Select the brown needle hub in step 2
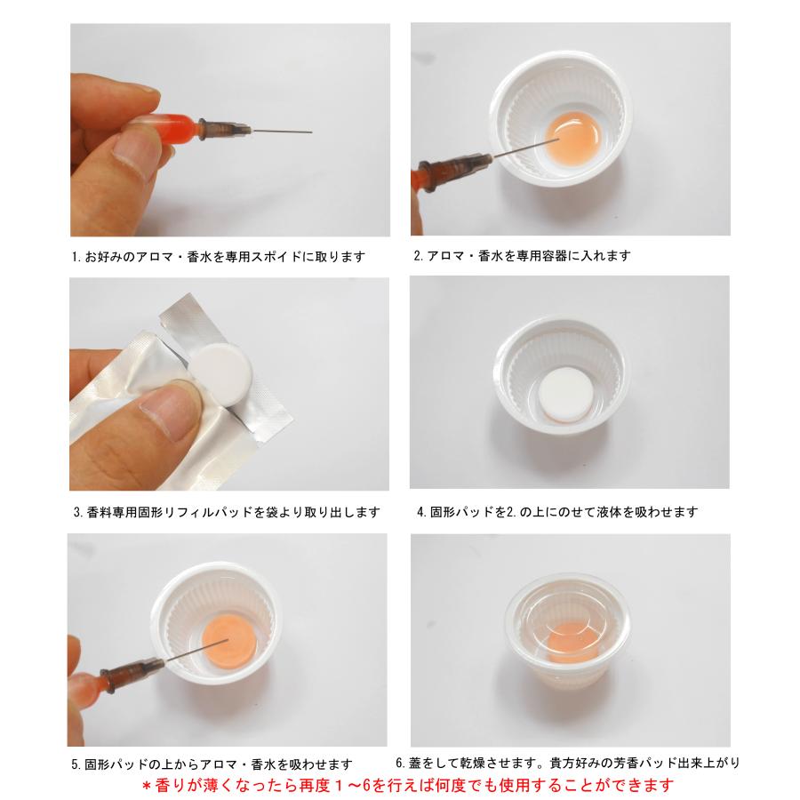point(453,166)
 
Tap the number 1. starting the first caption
point(76,258)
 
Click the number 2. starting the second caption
point(420,256)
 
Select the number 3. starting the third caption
point(80,513)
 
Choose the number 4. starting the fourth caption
point(421,512)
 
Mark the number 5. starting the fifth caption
point(76,764)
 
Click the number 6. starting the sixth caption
point(402,763)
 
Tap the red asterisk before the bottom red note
point(148,786)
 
